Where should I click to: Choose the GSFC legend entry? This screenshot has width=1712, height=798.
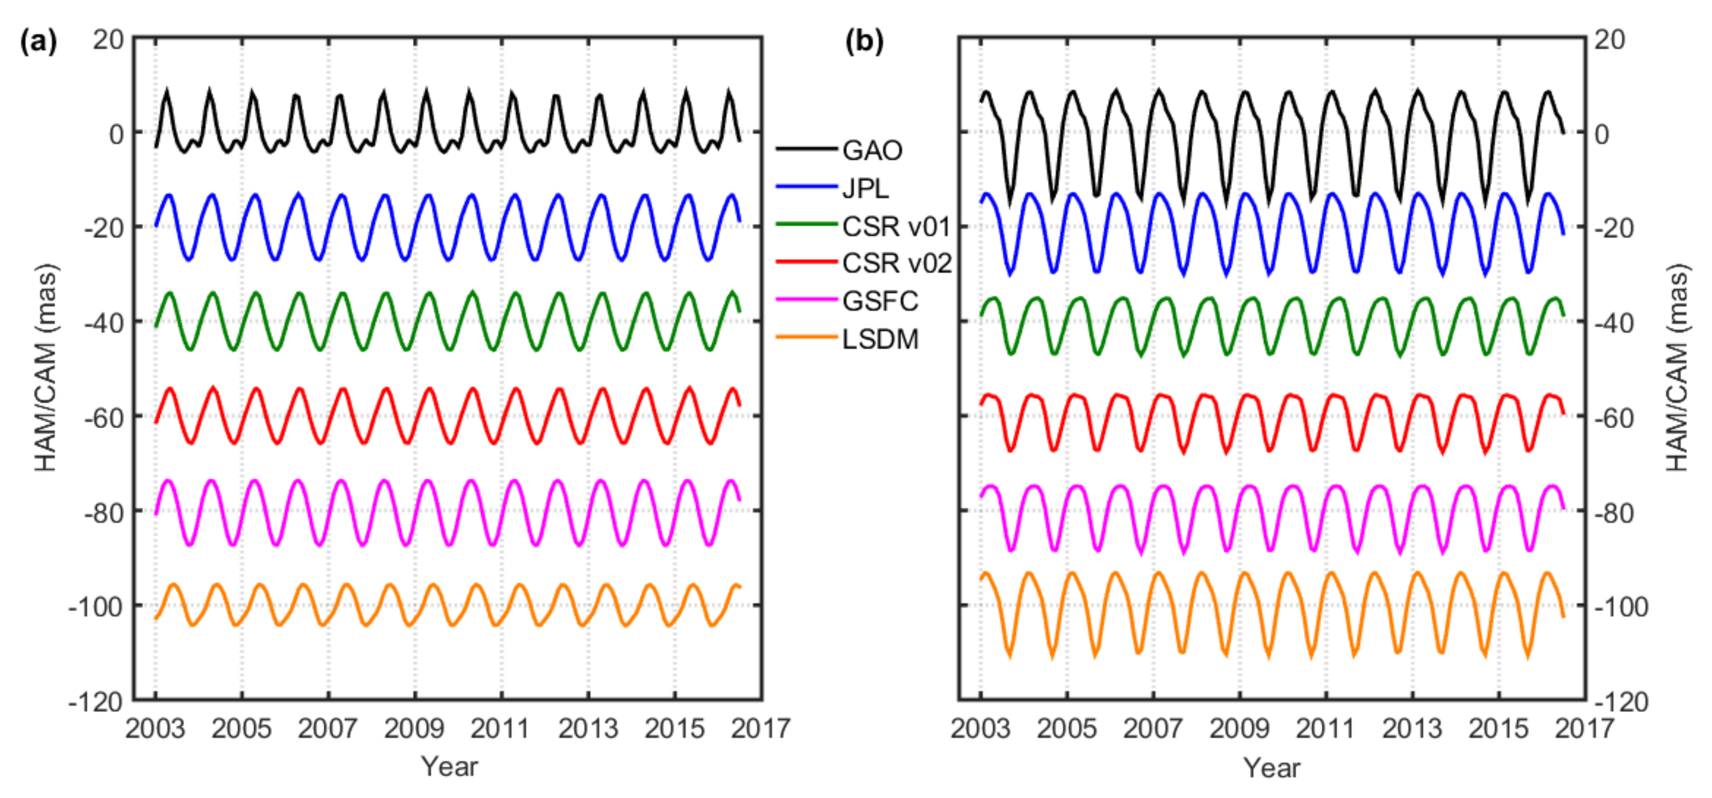click(x=879, y=302)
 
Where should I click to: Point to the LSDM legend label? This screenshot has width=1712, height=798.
click(x=879, y=340)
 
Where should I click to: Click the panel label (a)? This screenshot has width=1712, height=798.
click(x=39, y=42)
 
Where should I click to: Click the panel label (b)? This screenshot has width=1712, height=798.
click(x=864, y=42)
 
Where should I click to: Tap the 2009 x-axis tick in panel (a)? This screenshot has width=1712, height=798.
click(x=414, y=729)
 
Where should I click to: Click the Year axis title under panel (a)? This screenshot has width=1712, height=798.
click(x=449, y=767)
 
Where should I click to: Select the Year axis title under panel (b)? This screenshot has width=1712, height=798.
click(x=1272, y=768)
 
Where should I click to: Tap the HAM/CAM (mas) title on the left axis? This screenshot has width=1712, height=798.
click(x=47, y=369)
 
